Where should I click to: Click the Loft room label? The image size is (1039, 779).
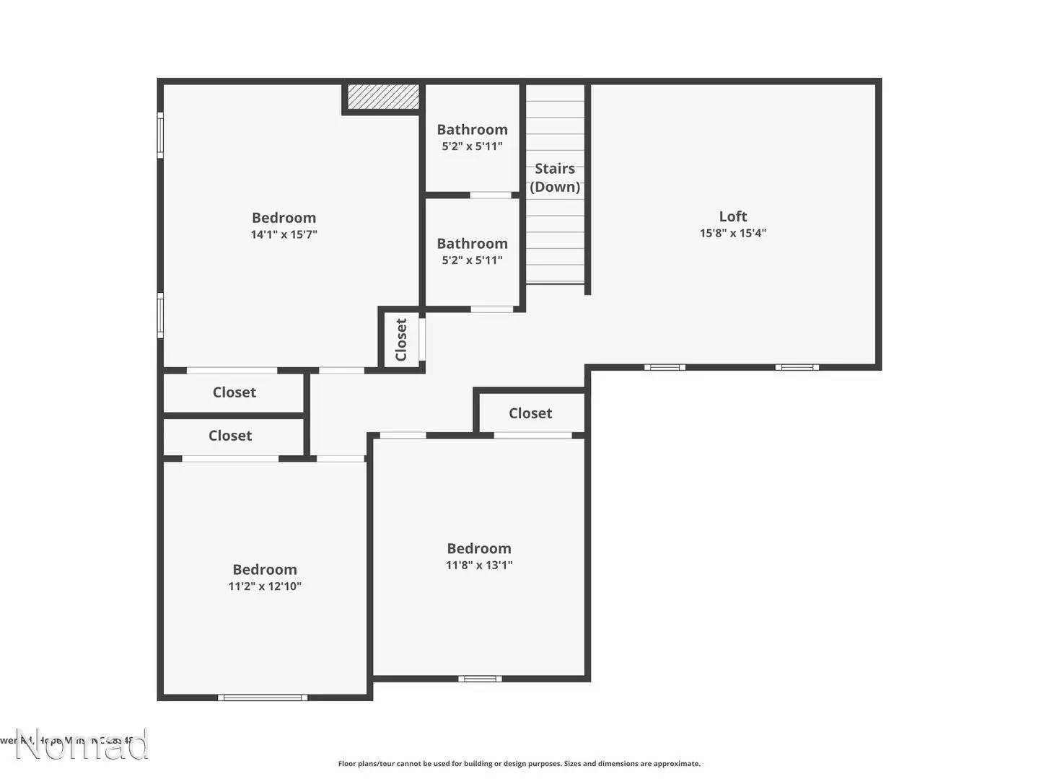732,216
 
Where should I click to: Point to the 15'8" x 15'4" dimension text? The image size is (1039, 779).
732,233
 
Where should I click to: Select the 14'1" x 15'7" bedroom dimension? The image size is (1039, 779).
284,234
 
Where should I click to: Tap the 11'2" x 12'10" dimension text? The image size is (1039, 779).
265,586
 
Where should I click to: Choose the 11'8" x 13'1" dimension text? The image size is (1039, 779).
479,565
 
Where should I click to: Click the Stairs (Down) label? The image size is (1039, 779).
555,177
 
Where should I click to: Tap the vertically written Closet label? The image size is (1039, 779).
401,340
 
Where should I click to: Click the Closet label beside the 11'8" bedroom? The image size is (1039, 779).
530,413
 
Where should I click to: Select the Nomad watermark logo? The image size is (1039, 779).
82,745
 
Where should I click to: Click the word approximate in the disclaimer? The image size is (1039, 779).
677,764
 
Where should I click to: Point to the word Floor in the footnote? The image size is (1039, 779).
347,764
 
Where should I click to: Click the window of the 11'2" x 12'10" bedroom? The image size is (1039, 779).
263,697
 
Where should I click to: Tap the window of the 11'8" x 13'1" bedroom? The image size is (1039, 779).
480,679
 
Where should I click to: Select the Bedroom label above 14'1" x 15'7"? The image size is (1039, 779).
284,218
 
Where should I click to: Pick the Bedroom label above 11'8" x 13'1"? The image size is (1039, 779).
479,549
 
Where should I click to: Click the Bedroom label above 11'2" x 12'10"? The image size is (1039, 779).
265,570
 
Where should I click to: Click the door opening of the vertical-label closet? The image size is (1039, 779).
423,339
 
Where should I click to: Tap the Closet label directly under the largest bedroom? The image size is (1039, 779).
234,392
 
